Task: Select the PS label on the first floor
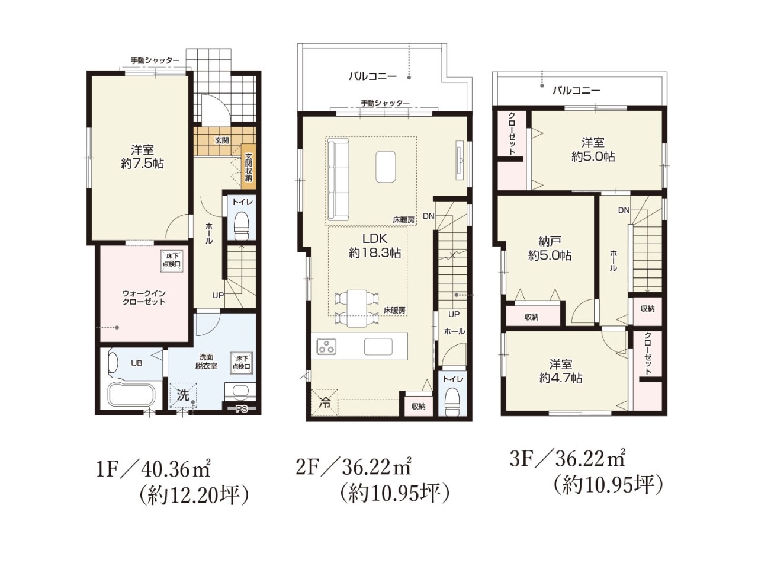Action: click(x=242, y=409)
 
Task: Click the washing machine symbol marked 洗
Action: click(x=182, y=395)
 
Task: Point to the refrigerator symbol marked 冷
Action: click(x=325, y=402)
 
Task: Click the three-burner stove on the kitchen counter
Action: click(x=326, y=346)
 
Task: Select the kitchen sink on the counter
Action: click(x=378, y=346)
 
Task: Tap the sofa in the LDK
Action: click(x=338, y=179)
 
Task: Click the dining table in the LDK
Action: click(x=356, y=308)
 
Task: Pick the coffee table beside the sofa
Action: click(x=386, y=166)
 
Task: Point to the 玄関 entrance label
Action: click(x=221, y=140)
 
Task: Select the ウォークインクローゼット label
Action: click(x=144, y=297)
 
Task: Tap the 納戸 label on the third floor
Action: click(x=550, y=241)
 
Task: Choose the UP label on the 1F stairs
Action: click(x=218, y=295)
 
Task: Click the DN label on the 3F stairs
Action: click(x=624, y=210)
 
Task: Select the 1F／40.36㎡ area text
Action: click(x=153, y=470)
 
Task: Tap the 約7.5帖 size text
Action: click(x=142, y=164)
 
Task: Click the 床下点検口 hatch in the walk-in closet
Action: click(x=172, y=261)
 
